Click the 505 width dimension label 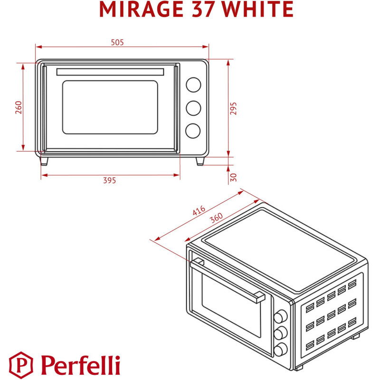tap(117, 42)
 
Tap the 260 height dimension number tap(19, 107)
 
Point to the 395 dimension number tap(110, 180)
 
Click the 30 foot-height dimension tap(233, 177)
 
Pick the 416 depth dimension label tap(199, 211)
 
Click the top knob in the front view tap(193, 85)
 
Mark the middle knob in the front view tap(193, 108)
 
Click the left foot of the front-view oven tap(44, 161)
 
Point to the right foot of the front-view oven tap(200, 161)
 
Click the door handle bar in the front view tap(110, 72)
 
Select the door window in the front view tap(110, 107)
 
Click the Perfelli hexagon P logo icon tap(19, 364)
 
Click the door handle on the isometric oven tap(228, 280)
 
